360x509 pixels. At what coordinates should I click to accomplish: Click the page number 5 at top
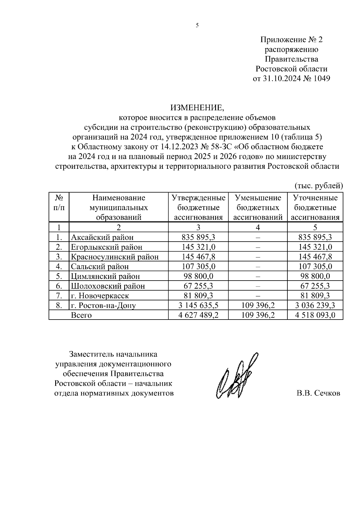pyautogui.click(x=197, y=25)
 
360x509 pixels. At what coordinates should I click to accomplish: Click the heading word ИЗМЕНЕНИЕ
pyautogui.click(x=197, y=107)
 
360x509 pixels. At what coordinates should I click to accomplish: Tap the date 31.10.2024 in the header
pyautogui.click(x=283, y=79)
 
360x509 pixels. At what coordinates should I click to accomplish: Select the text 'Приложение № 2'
pyautogui.click(x=291, y=40)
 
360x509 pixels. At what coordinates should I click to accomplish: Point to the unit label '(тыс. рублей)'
pyautogui.click(x=318, y=186)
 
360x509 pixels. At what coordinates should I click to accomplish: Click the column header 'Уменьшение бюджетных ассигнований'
pyautogui.click(x=258, y=207)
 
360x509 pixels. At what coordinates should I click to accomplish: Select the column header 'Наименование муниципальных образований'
pyautogui.click(x=118, y=207)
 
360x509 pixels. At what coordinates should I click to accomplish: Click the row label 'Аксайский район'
pyautogui.click(x=102, y=237)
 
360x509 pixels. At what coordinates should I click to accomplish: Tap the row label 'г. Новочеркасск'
pyautogui.click(x=100, y=296)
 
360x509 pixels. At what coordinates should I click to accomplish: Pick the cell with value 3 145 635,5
pyautogui.click(x=198, y=305)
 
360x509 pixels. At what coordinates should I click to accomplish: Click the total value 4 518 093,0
pyautogui.click(x=315, y=315)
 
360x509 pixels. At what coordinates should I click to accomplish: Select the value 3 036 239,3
pyautogui.click(x=315, y=305)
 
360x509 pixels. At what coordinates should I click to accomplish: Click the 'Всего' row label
pyautogui.click(x=81, y=315)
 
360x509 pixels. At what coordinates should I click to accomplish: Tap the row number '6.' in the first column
pyautogui.click(x=59, y=286)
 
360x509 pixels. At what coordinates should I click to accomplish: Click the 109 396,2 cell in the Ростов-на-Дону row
pyautogui.click(x=258, y=305)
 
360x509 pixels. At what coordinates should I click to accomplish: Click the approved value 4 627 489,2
pyautogui.click(x=198, y=315)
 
